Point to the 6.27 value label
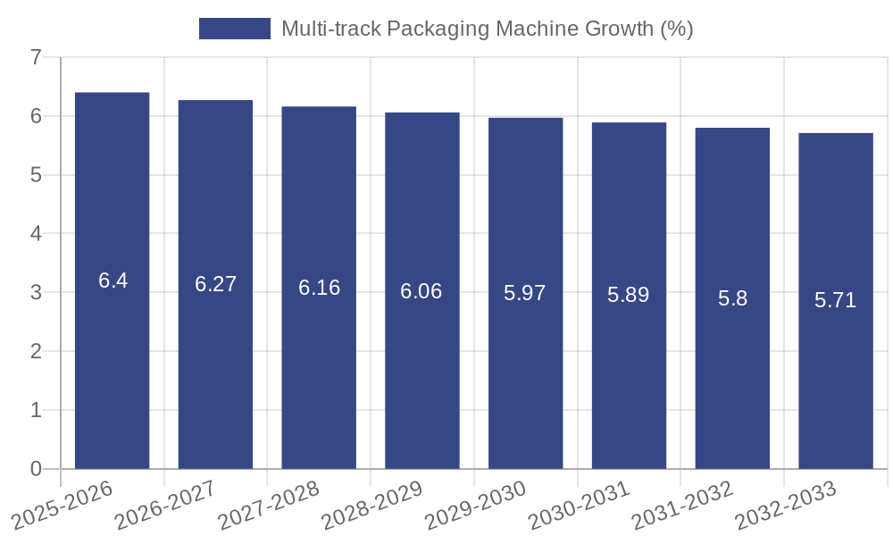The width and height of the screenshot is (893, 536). [215, 284]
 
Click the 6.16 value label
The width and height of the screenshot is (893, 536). [319, 288]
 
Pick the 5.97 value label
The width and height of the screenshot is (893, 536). [525, 293]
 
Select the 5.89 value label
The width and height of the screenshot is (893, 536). [629, 295]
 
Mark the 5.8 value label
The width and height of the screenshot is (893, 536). [732, 298]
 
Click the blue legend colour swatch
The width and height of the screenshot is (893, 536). [234, 29]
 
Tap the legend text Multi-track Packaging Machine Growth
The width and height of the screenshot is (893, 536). [487, 29]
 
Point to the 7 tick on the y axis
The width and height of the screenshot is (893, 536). [36, 58]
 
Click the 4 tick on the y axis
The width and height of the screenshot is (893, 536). [36, 234]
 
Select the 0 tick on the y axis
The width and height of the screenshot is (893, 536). [36, 469]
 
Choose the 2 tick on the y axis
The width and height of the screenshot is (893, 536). [36, 351]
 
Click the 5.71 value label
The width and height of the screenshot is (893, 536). [836, 300]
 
